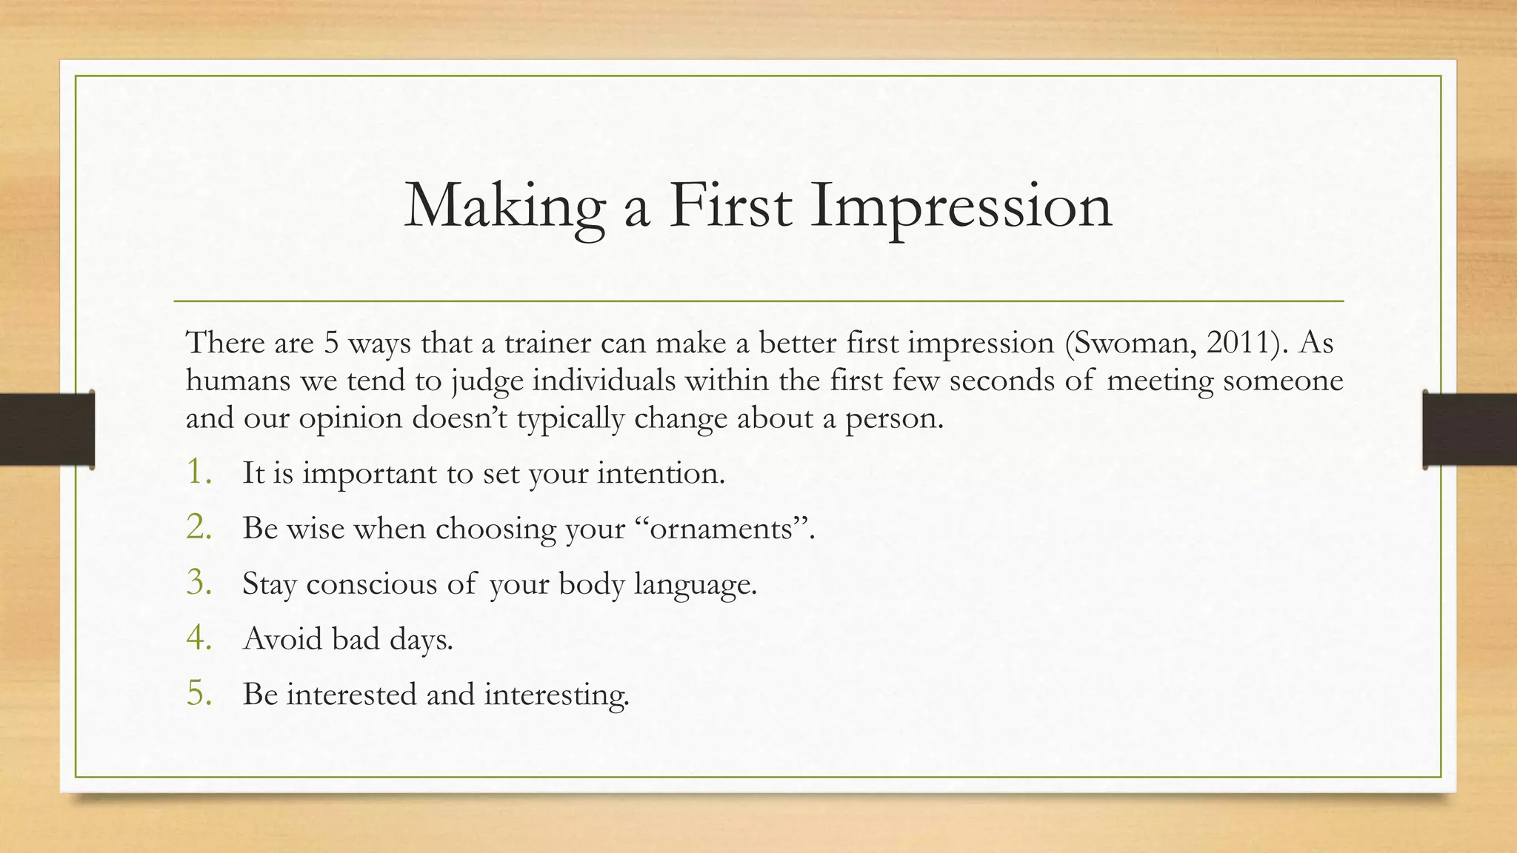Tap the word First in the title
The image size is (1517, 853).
point(729,206)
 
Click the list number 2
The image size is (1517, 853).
point(199,528)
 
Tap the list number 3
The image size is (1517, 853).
point(199,583)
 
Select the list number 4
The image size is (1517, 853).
point(199,638)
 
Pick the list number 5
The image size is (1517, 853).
point(199,694)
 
